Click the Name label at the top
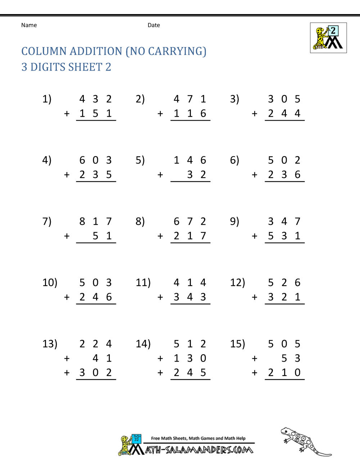(x=29, y=25)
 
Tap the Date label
(x=154, y=25)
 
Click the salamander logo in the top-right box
(x=328, y=38)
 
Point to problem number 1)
(x=47, y=99)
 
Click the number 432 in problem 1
(x=95, y=99)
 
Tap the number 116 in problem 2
(x=190, y=113)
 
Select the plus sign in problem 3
(x=255, y=114)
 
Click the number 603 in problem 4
(x=95, y=160)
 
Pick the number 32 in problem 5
(x=197, y=175)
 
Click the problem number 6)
(x=234, y=160)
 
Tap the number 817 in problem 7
(x=95, y=221)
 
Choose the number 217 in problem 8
(x=190, y=236)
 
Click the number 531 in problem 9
(x=284, y=236)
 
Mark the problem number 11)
(x=143, y=282)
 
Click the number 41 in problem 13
(x=102, y=358)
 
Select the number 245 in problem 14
(x=190, y=373)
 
